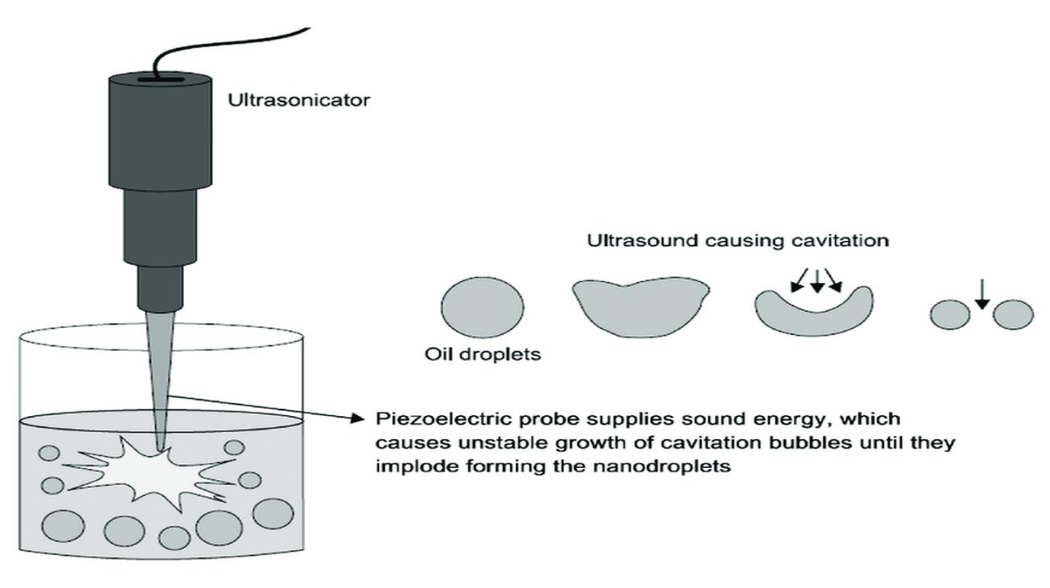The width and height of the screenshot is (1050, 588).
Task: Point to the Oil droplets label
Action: [x=482, y=355]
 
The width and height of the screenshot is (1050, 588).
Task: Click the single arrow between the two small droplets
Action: [x=981, y=298]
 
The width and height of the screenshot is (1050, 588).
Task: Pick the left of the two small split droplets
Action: [x=949, y=315]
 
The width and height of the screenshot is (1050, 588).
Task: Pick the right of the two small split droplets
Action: [x=1013, y=315]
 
